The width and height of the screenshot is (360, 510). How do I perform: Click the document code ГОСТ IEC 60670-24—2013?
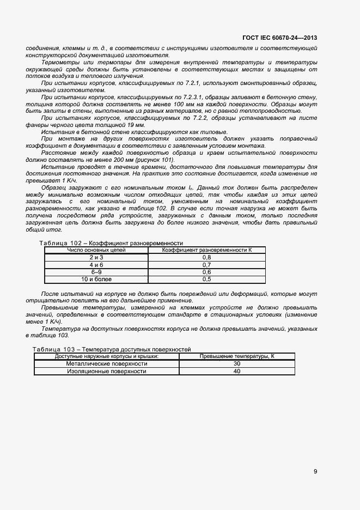[x=279, y=38]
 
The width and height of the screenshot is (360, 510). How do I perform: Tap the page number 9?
[x=315, y=472]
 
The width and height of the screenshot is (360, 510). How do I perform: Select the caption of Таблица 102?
[x=111, y=243]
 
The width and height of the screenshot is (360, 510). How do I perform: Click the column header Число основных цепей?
[x=96, y=250]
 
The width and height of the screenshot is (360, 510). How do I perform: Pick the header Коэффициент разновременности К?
[x=206, y=250]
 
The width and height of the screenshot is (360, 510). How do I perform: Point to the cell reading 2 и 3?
[x=96, y=257]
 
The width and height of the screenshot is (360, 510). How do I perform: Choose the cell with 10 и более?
[x=96, y=279]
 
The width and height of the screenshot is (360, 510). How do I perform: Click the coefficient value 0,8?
[x=206, y=257]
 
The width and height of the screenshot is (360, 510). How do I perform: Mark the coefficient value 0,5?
[x=206, y=279]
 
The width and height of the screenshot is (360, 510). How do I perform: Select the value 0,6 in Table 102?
[x=206, y=271]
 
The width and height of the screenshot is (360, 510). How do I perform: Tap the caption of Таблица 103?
[x=112, y=349]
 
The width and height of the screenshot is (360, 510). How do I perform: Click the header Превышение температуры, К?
[x=236, y=356]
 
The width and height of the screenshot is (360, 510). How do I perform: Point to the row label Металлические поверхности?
[x=107, y=363]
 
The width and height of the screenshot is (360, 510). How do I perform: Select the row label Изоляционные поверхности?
[x=107, y=371]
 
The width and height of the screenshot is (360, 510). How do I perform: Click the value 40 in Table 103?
[x=236, y=371]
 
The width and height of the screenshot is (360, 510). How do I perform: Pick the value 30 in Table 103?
[x=236, y=363]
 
